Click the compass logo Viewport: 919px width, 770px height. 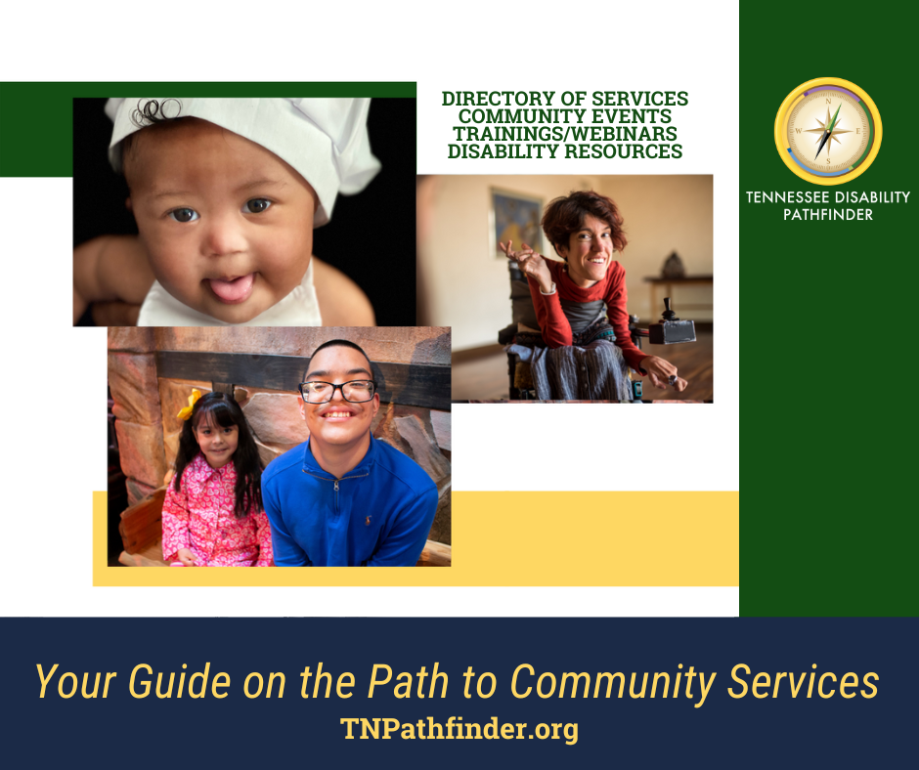[827, 131]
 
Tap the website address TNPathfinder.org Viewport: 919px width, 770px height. [459, 729]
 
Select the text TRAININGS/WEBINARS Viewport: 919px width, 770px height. [565, 134]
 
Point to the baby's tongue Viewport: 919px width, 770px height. [231, 287]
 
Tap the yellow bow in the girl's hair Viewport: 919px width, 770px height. [189, 404]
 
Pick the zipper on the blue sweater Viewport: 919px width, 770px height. [336, 486]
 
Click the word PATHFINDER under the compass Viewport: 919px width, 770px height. [827, 214]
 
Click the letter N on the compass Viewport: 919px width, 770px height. [828, 101]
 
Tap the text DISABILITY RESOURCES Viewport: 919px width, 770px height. [565, 151]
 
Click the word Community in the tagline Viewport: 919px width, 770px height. [613, 683]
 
